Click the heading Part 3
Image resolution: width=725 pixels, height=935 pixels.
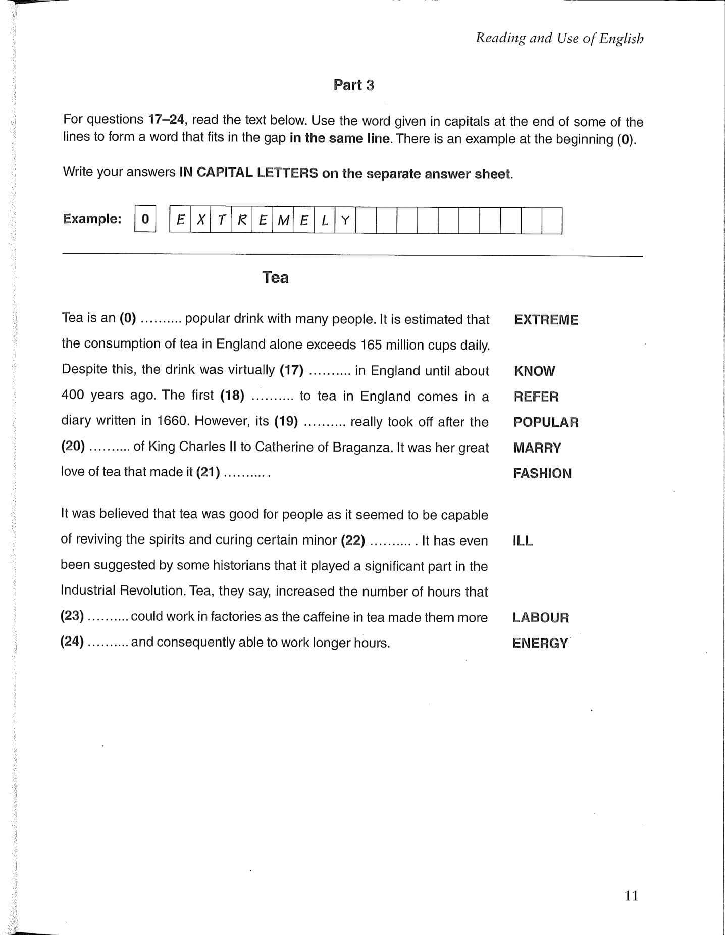pos(353,85)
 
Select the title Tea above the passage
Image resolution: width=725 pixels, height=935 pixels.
pos(275,277)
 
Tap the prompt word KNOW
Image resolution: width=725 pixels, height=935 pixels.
pos(534,371)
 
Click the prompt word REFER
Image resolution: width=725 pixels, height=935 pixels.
pos(536,397)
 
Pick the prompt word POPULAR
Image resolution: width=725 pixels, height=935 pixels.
pos(546,422)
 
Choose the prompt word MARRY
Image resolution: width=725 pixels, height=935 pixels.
pos(537,448)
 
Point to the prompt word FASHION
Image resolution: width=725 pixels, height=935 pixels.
pos(542,473)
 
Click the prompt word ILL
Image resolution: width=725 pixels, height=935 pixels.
pos(523,540)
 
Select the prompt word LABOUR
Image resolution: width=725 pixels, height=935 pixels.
pos(541,617)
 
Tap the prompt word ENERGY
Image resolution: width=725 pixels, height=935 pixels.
pos(540,643)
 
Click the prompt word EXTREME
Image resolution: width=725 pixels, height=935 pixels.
pos(546,320)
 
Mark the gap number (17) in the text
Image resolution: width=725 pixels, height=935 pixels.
pos(291,370)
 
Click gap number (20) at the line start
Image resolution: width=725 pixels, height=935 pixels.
pos(73,447)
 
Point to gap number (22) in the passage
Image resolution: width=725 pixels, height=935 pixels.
pos(353,540)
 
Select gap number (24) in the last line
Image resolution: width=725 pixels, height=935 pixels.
pos(72,642)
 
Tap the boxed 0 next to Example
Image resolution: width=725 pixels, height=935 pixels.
pos(145,219)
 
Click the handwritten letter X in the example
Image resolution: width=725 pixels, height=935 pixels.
pos(200,220)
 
